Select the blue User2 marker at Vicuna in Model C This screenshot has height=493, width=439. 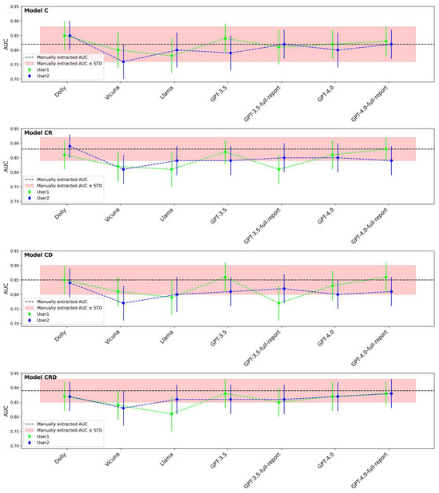tap(123, 61)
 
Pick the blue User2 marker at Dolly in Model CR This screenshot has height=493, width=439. tap(70, 146)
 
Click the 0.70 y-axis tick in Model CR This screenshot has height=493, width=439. tap(18, 202)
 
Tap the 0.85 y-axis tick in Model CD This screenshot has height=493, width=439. tap(18, 280)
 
